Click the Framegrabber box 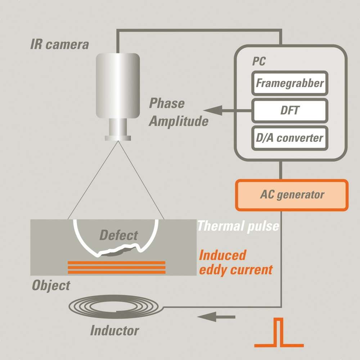pos(290,83)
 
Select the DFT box pos(290,110)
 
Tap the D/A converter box pos(290,138)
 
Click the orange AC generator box pos(292,195)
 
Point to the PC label pos(258,62)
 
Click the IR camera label pos(59,45)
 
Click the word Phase pos(167,104)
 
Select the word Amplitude pos(179,121)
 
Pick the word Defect pos(118,236)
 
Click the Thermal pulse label pos(238,226)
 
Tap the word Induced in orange pos(222,255)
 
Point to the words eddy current pos(236,270)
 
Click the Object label pos(51,285)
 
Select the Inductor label pos(114,330)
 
